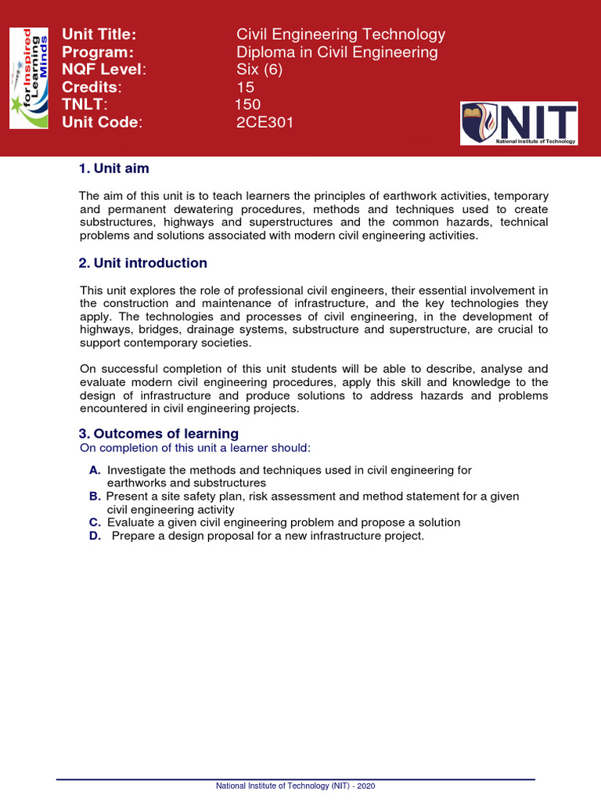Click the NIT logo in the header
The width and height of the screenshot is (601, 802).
pos(519,123)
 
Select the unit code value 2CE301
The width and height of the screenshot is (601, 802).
pos(265,122)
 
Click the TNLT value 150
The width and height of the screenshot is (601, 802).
pos(248,105)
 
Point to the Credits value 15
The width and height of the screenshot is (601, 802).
pos(246,87)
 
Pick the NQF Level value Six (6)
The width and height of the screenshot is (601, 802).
pos(259,70)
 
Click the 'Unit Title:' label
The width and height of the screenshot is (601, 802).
pos(99,34)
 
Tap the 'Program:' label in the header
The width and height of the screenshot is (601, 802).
pos(97,52)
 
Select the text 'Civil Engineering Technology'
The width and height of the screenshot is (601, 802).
pos(340,34)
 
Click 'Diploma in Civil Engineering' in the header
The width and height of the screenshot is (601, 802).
pos(337,52)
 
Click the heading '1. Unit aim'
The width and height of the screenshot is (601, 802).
pos(114,168)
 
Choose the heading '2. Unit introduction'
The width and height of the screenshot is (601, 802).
pos(143,263)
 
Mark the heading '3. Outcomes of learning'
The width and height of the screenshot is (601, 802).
pos(159,434)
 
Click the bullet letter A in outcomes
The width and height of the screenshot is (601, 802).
pos(95,470)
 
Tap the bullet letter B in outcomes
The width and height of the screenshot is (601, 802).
pos(95,497)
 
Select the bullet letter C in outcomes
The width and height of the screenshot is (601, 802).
pos(95,522)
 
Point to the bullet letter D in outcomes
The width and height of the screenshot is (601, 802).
pos(95,536)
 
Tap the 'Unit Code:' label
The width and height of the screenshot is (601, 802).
pos(103,122)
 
